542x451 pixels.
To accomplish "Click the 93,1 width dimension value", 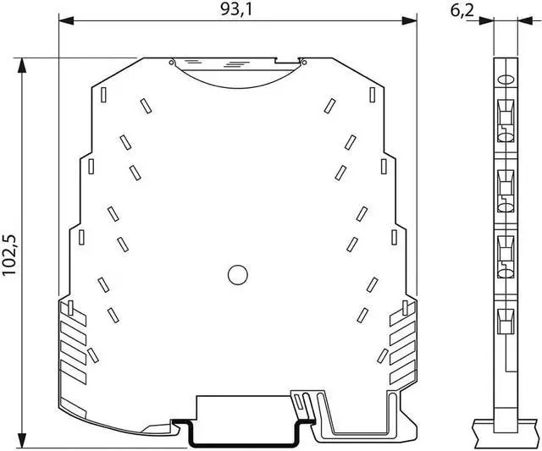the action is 236,9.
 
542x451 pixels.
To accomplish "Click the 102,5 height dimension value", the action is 9,255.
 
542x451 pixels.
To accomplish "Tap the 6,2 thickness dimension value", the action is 462,11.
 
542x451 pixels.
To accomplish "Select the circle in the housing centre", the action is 238,275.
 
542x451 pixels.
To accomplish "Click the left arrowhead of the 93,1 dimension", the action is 66,20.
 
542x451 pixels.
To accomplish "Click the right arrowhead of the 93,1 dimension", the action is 409,20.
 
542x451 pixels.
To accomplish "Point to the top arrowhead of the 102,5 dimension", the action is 22,65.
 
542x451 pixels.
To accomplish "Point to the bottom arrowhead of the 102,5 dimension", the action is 22,441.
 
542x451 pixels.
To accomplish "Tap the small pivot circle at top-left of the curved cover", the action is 171,62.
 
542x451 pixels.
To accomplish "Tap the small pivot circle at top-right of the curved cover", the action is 304,62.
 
